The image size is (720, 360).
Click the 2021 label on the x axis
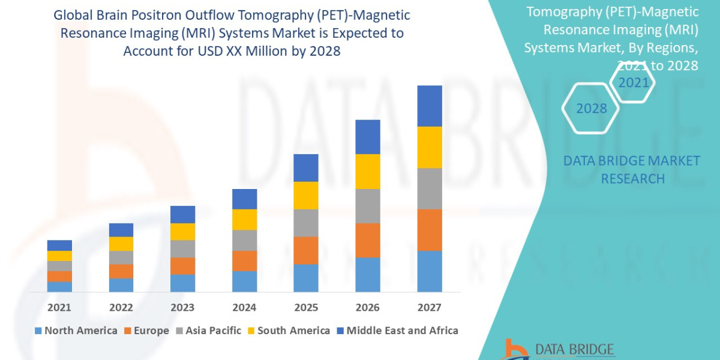pyautogui.click(x=59, y=307)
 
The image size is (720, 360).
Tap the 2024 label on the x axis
pyautogui.click(x=244, y=307)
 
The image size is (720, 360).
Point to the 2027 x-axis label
pyautogui.click(x=429, y=307)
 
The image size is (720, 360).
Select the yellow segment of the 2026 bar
pyautogui.click(x=368, y=172)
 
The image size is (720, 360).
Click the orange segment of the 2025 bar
pyautogui.click(x=306, y=250)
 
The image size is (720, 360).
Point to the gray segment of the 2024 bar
pyautogui.click(x=244, y=240)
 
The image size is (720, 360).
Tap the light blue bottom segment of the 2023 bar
pyautogui.click(x=182, y=283)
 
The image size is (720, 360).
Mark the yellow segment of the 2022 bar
pyautogui.click(x=121, y=244)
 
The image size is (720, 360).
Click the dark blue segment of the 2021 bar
pyautogui.click(x=59, y=245)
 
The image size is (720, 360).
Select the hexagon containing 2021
pyautogui.click(x=633, y=83)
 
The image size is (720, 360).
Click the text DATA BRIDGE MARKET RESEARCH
pyautogui.click(x=632, y=169)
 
